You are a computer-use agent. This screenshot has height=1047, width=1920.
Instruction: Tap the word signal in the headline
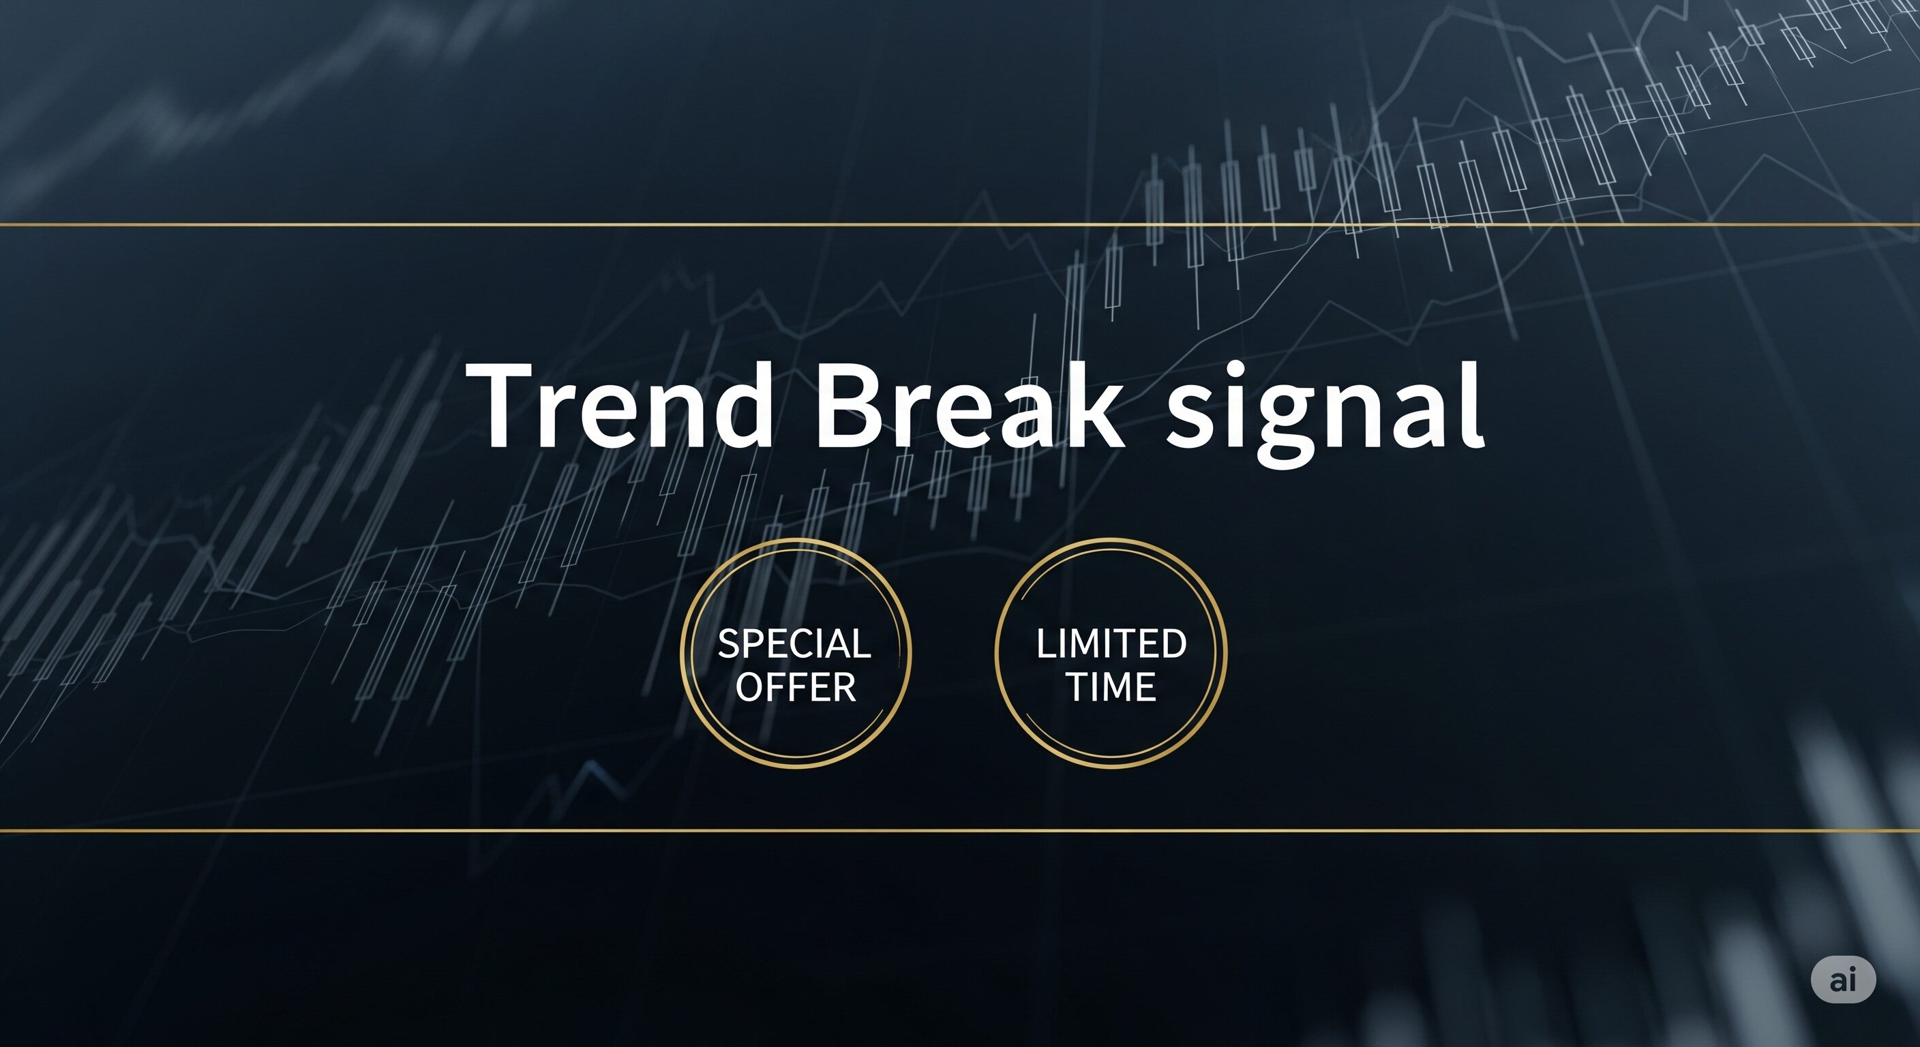click(x=1325, y=414)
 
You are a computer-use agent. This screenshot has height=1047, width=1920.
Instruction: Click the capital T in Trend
click(x=507, y=406)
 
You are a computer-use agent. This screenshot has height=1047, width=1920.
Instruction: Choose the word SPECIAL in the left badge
click(x=794, y=644)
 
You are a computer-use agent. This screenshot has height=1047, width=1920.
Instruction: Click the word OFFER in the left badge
click(x=796, y=686)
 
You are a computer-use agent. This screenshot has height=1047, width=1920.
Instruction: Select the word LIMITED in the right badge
click(x=1111, y=644)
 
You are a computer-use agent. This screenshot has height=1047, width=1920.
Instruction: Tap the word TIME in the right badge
click(x=1111, y=686)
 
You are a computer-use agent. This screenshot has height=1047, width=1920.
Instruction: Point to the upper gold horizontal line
click(x=960, y=224)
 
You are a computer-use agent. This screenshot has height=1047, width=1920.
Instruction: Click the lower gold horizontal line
click(x=960, y=830)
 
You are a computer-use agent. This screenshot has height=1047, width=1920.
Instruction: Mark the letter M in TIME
click(x=1113, y=686)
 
